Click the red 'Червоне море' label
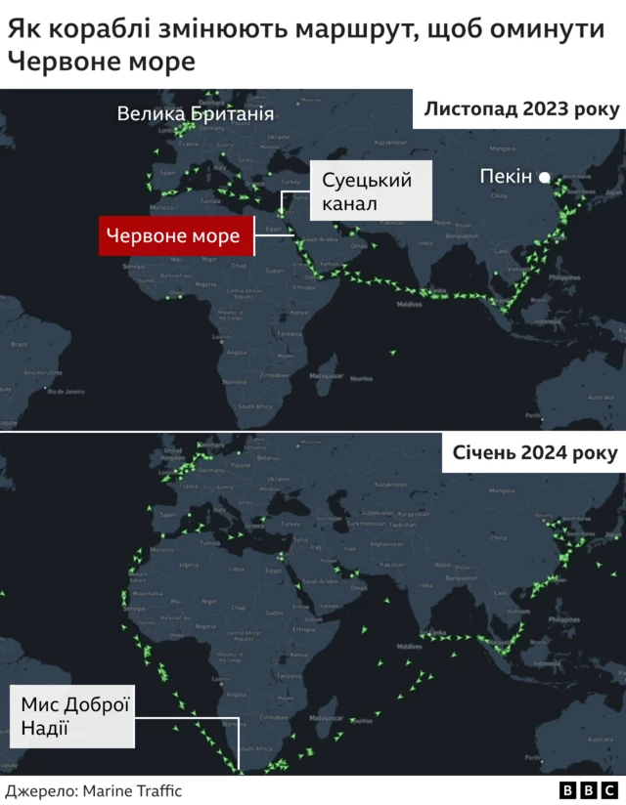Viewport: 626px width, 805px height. (175, 235)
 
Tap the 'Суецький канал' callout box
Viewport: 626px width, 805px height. (371, 191)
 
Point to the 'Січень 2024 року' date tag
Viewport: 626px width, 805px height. (534, 454)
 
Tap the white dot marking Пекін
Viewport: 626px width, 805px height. (545, 177)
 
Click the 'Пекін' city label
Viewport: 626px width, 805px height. (506, 177)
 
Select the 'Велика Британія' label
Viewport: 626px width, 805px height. (195, 114)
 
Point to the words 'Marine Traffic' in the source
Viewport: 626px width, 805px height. (132, 790)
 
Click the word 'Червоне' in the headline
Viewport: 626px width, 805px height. (59, 63)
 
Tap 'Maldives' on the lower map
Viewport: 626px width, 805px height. (409, 648)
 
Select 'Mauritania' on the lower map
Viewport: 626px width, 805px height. (147, 593)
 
